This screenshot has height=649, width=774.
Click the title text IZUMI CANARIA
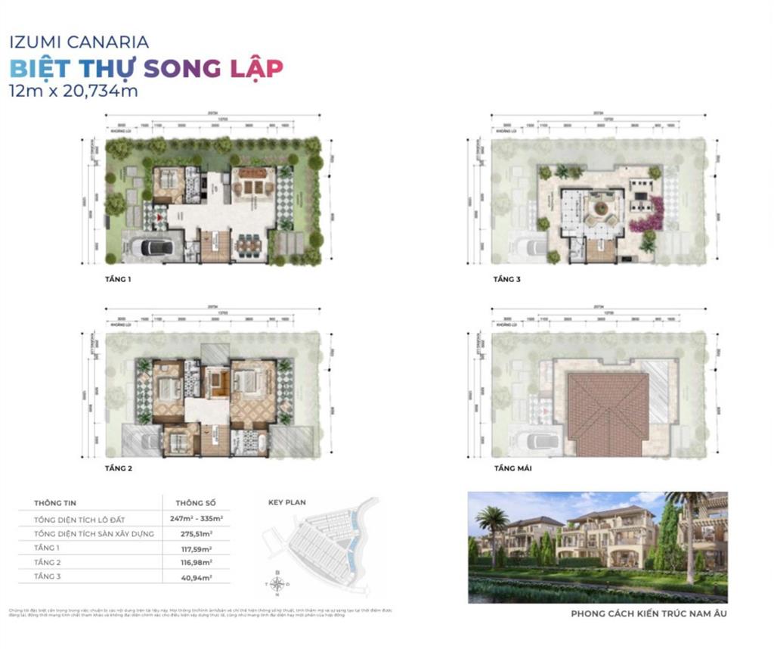[x=79, y=42]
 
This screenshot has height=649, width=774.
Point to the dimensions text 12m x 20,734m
[x=73, y=92]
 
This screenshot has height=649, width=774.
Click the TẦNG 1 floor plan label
[x=119, y=279]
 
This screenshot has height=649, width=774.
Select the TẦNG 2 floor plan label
[x=119, y=469]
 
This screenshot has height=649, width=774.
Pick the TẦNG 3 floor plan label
[x=507, y=279]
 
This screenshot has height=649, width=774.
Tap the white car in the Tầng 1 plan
[x=154, y=247]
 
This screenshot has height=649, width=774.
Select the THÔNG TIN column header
[x=55, y=503]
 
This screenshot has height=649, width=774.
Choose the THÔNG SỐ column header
[x=196, y=503]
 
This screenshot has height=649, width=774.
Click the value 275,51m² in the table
[x=197, y=533]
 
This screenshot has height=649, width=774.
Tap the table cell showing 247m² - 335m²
[x=197, y=519]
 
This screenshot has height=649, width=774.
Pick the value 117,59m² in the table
[x=197, y=548]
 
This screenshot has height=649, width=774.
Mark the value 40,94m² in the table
[x=197, y=576]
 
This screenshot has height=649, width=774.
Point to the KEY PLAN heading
[x=287, y=501]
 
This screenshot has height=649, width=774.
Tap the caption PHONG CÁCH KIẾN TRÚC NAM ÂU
[x=649, y=613]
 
